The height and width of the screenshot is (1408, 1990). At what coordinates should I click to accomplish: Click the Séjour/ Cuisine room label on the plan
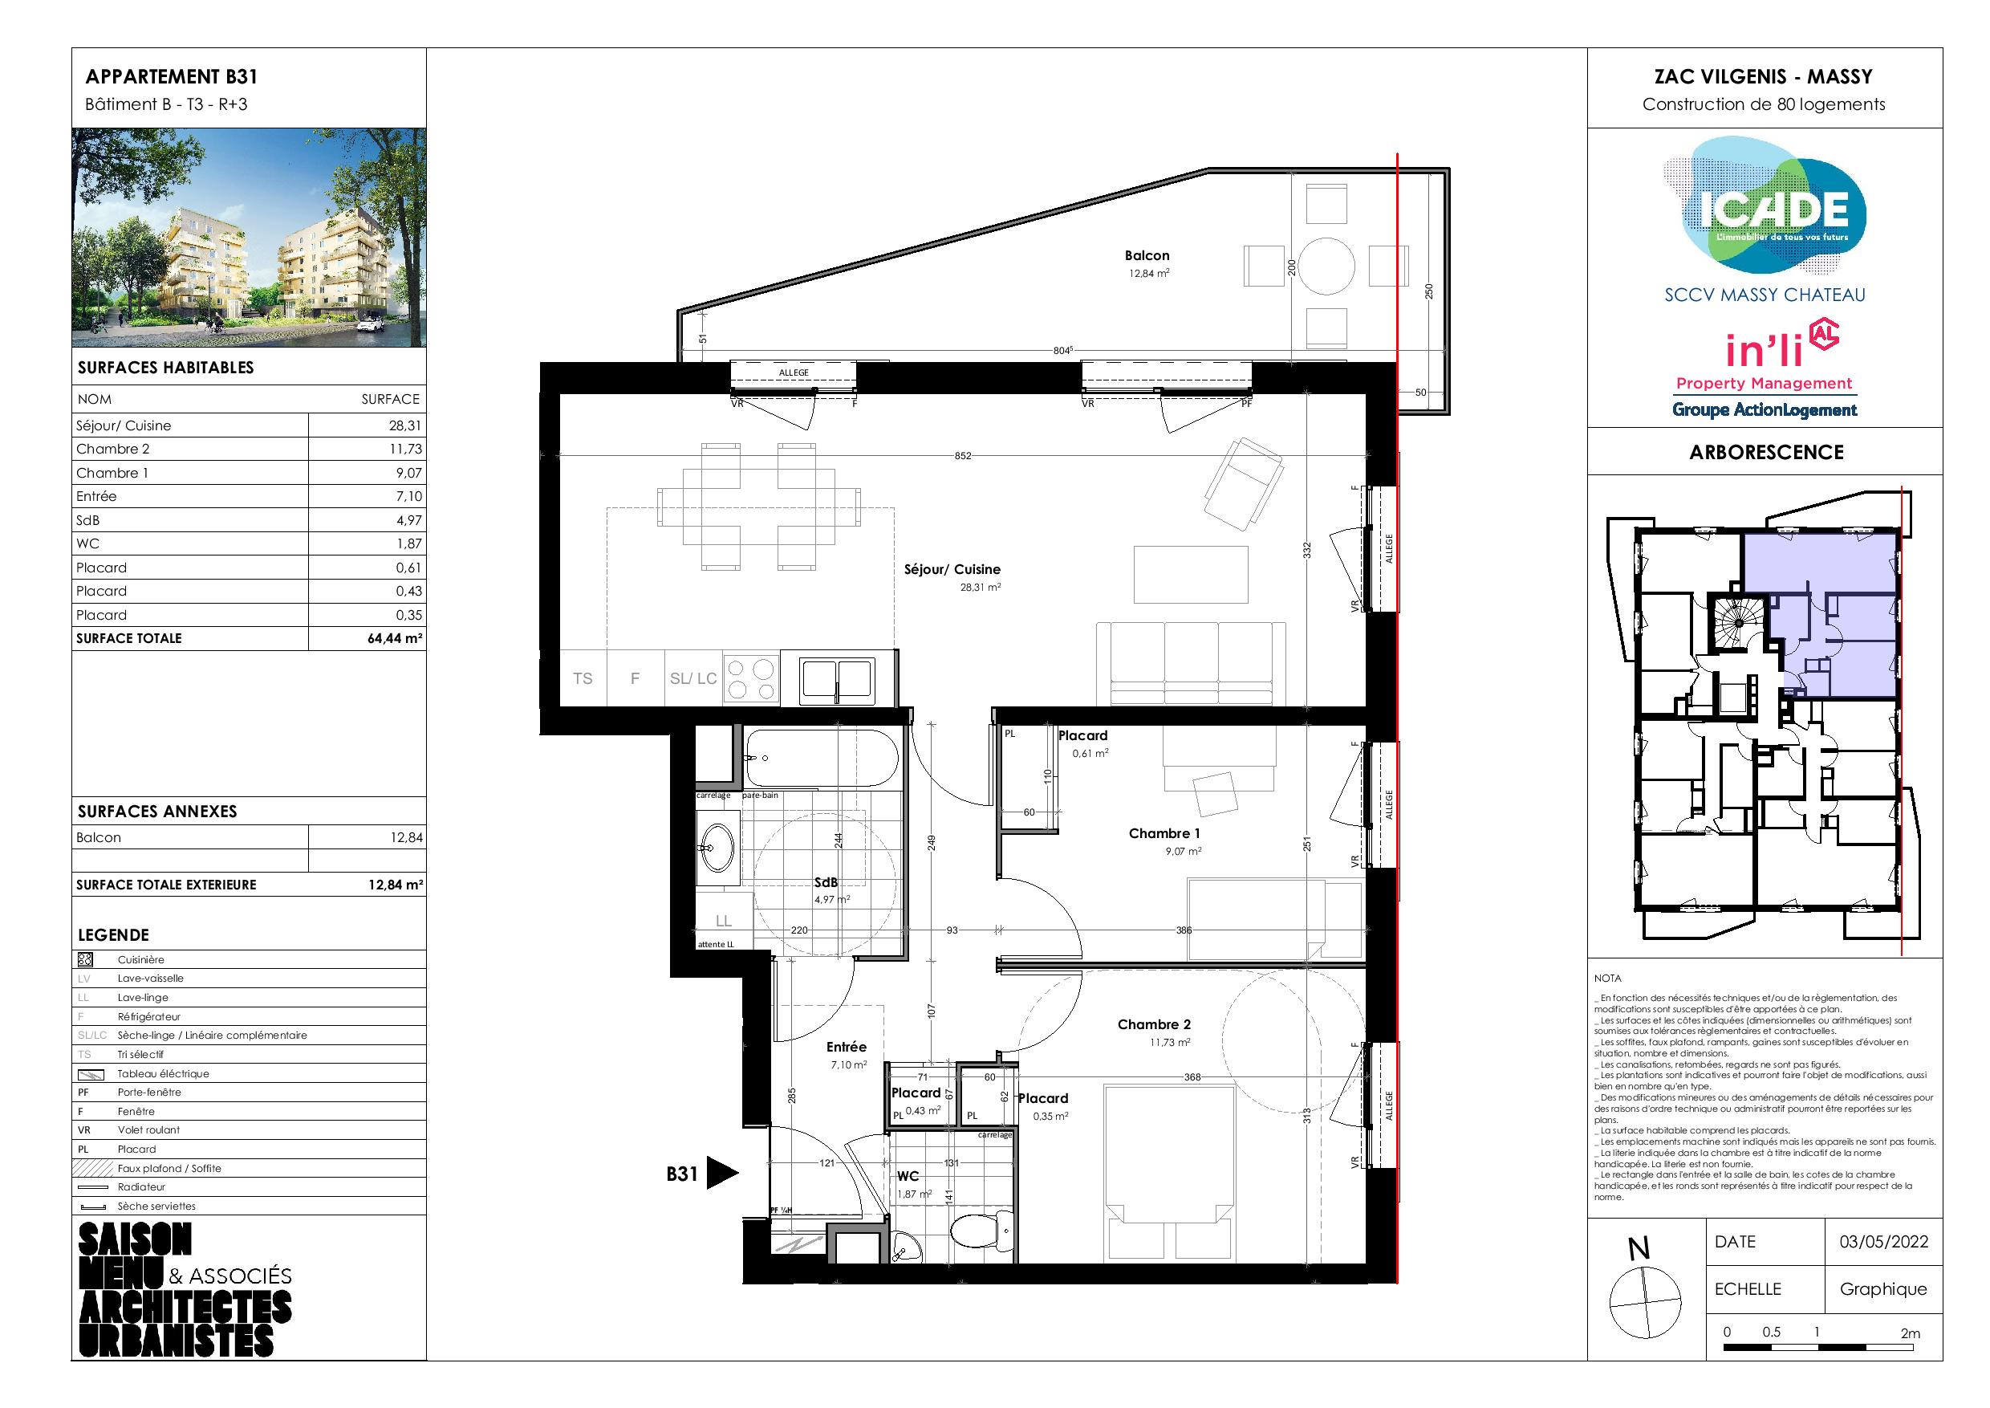coord(952,570)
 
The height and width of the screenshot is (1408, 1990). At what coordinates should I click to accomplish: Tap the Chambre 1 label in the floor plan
coord(1164,833)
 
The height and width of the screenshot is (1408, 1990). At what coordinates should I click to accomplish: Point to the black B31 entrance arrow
coord(723,1173)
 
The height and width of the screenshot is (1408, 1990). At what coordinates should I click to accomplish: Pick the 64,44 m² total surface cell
coord(394,639)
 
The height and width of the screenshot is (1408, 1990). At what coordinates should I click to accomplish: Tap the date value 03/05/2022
coord(1883,1242)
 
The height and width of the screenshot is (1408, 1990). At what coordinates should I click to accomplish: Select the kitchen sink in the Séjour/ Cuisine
coord(837,679)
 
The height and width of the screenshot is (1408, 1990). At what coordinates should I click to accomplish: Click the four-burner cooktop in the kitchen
coord(750,679)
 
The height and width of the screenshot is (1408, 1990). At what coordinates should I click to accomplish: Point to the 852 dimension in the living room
coord(963,456)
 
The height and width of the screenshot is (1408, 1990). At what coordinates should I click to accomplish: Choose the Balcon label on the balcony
coord(1147,256)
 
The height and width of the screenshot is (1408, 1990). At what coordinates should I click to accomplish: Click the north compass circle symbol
coord(1644,1302)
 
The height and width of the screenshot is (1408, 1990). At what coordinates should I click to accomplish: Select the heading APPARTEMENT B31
coord(172,76)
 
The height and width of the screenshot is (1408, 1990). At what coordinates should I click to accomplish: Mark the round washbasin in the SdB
coord(718,841)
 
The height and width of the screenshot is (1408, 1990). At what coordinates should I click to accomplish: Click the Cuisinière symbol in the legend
coord(85,960)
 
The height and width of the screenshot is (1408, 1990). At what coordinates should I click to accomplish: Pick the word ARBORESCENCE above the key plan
coord(1766,452)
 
